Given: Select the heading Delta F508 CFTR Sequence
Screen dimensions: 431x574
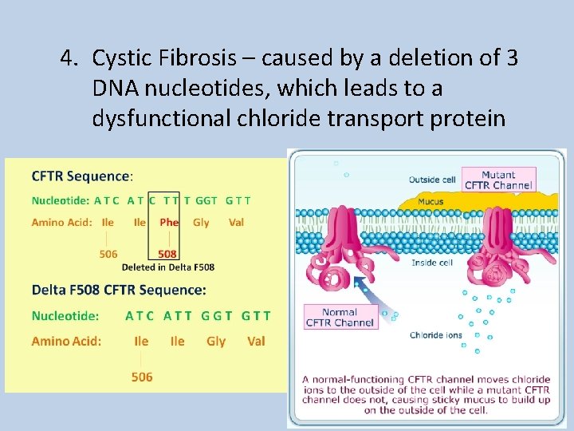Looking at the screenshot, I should click(x=119, y=290).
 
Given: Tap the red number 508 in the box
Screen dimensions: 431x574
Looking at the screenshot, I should click(x=168, y=254).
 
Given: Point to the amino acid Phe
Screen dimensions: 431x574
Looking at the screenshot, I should click(x=169, y=222).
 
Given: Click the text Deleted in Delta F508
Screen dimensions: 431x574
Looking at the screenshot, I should click(x=167, y=267).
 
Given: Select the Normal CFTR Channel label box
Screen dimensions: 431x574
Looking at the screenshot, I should click(x=340, y=318).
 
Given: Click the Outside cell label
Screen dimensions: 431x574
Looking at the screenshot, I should click(x=432, y=180).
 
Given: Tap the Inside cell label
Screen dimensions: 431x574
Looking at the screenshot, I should click(x=431, y=263).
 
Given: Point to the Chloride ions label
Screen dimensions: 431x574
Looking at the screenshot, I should click(x=437, y=335).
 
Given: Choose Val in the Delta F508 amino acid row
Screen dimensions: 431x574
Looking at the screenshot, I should click(x=256, y=341).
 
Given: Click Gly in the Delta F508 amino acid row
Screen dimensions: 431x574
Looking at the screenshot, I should click(x=216, y=341).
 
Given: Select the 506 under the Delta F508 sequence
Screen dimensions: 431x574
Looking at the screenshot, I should click(x=142, y=376).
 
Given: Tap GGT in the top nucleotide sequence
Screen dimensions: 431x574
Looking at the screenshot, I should click(x=206, y=201).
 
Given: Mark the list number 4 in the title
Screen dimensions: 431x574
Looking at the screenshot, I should click(x=69, y=58).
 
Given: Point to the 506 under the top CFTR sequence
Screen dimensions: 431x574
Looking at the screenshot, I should click(x=108, y=254).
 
